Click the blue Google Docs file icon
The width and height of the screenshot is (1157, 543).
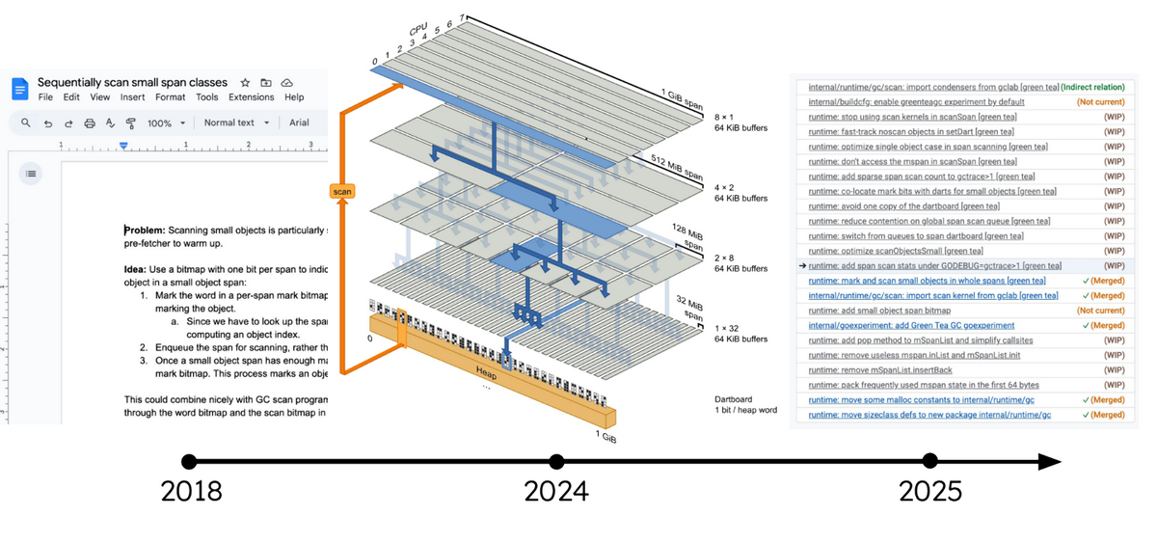[20, 89]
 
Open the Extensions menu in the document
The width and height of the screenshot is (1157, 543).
[251, 97]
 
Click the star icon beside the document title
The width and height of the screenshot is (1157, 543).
[245, 83]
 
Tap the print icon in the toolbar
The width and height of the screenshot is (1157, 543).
[90, 123]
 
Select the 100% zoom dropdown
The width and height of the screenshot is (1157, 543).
[166, 123]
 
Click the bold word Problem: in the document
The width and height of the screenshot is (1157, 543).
[145, 231]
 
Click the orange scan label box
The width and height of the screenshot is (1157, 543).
[342, 192]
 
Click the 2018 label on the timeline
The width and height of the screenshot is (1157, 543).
[191, 491]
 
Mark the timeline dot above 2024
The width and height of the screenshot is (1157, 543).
[556, 462]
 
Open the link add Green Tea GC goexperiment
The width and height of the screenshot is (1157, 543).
[911, 326]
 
